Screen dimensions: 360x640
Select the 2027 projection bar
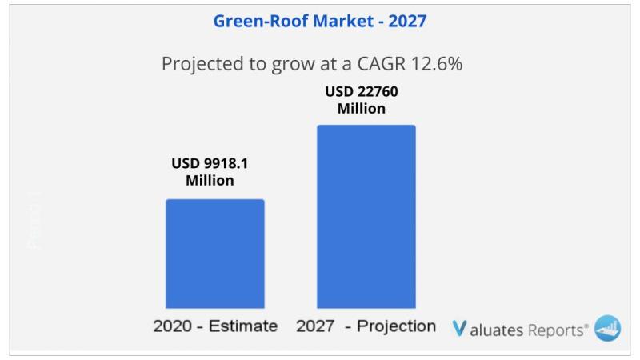click(x=366, y=216)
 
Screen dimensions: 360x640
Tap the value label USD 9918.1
click(x=210, y=163)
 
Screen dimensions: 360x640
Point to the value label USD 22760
click(x=361, y=91)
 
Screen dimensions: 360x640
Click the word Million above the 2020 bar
click(x=210, y=181)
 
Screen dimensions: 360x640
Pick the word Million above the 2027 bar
click(x=361, y=109)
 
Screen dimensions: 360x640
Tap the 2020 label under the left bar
click(x=172, y=326)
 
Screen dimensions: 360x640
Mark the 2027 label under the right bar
click(x=315, y=326)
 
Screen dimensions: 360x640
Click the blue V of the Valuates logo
click(x=459, y=328)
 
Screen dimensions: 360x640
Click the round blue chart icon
click(x=607, y=328)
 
